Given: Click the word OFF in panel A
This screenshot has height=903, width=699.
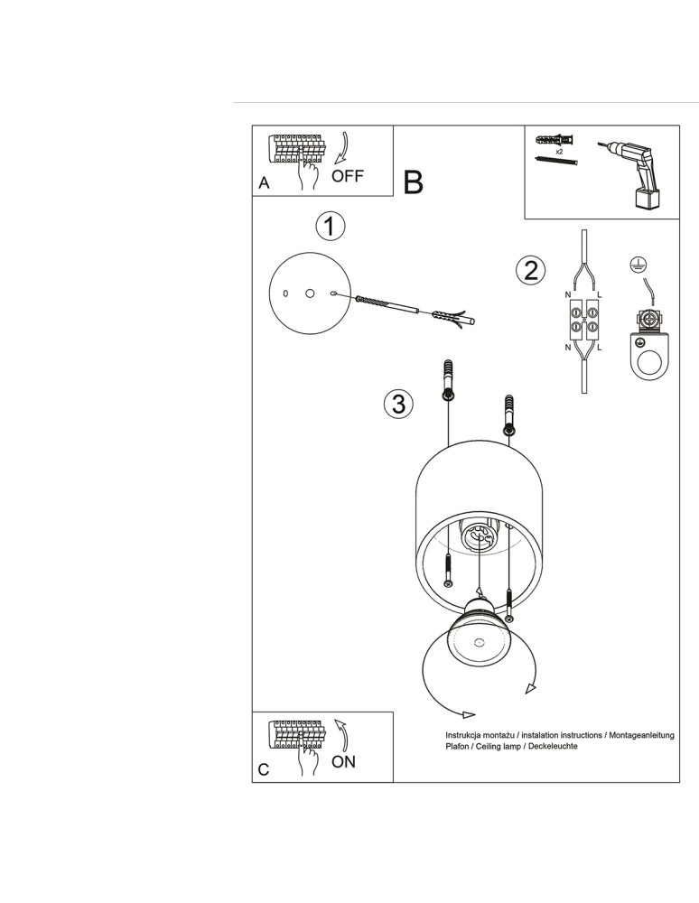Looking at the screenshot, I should point(348,176).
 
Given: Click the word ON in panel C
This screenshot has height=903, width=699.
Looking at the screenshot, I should point(343,761).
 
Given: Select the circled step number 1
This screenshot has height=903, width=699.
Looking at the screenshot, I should point(331,226).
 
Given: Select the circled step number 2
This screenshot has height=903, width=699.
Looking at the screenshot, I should point(530,269).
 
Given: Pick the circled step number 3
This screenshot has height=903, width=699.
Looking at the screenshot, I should point(398,404).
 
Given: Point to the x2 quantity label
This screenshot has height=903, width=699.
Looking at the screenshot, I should point(560,153).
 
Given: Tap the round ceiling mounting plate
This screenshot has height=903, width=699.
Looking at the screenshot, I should point(309,293).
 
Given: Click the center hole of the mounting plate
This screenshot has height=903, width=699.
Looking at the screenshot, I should point(309,293).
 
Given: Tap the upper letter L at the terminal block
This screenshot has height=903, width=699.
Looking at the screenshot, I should point(600,295).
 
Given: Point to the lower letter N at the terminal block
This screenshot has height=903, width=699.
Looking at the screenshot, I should point(567,347).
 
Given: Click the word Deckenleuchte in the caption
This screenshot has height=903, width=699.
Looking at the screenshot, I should point(550,747).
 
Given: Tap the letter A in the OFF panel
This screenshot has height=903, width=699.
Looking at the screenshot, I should point(264,183).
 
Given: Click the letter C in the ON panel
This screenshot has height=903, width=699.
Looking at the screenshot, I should point(264,769).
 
